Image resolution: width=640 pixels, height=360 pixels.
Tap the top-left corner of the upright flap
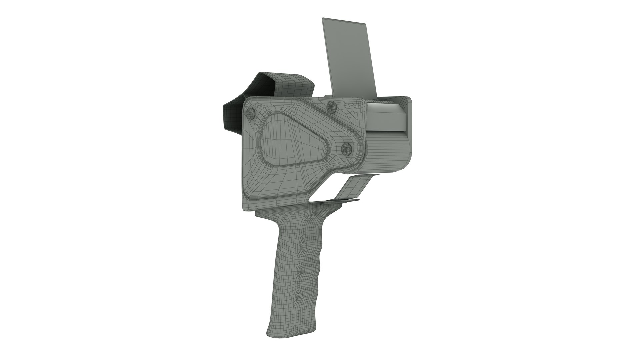point(323,19)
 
